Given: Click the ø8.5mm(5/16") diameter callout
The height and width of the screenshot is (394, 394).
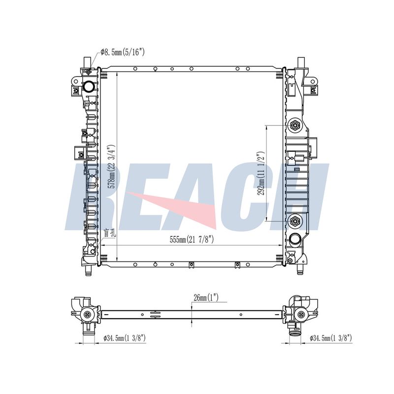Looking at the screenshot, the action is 123,52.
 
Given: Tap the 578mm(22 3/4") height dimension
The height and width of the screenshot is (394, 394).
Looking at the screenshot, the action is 111,166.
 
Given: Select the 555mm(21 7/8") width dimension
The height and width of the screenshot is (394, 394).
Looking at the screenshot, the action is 192,240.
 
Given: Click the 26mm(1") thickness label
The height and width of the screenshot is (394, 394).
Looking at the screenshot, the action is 206,298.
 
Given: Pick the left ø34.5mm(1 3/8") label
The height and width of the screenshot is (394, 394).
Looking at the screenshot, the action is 125,338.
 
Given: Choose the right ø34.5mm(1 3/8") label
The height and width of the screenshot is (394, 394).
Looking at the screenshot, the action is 330,338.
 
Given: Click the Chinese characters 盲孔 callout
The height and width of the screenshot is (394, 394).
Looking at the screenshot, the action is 109,233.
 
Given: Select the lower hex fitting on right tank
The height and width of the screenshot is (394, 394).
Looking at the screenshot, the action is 295,221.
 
